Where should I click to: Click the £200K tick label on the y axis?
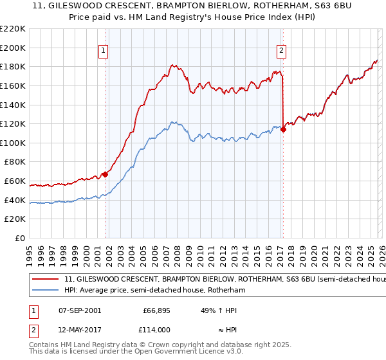(13, 48)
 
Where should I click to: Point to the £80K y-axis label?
(15, 162)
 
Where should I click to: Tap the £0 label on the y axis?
(21, 239)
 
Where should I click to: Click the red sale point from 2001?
(105, 174)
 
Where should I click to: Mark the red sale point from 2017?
(283, 129)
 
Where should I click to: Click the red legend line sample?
(46, 280)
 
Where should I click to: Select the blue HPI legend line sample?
(46, 291)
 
